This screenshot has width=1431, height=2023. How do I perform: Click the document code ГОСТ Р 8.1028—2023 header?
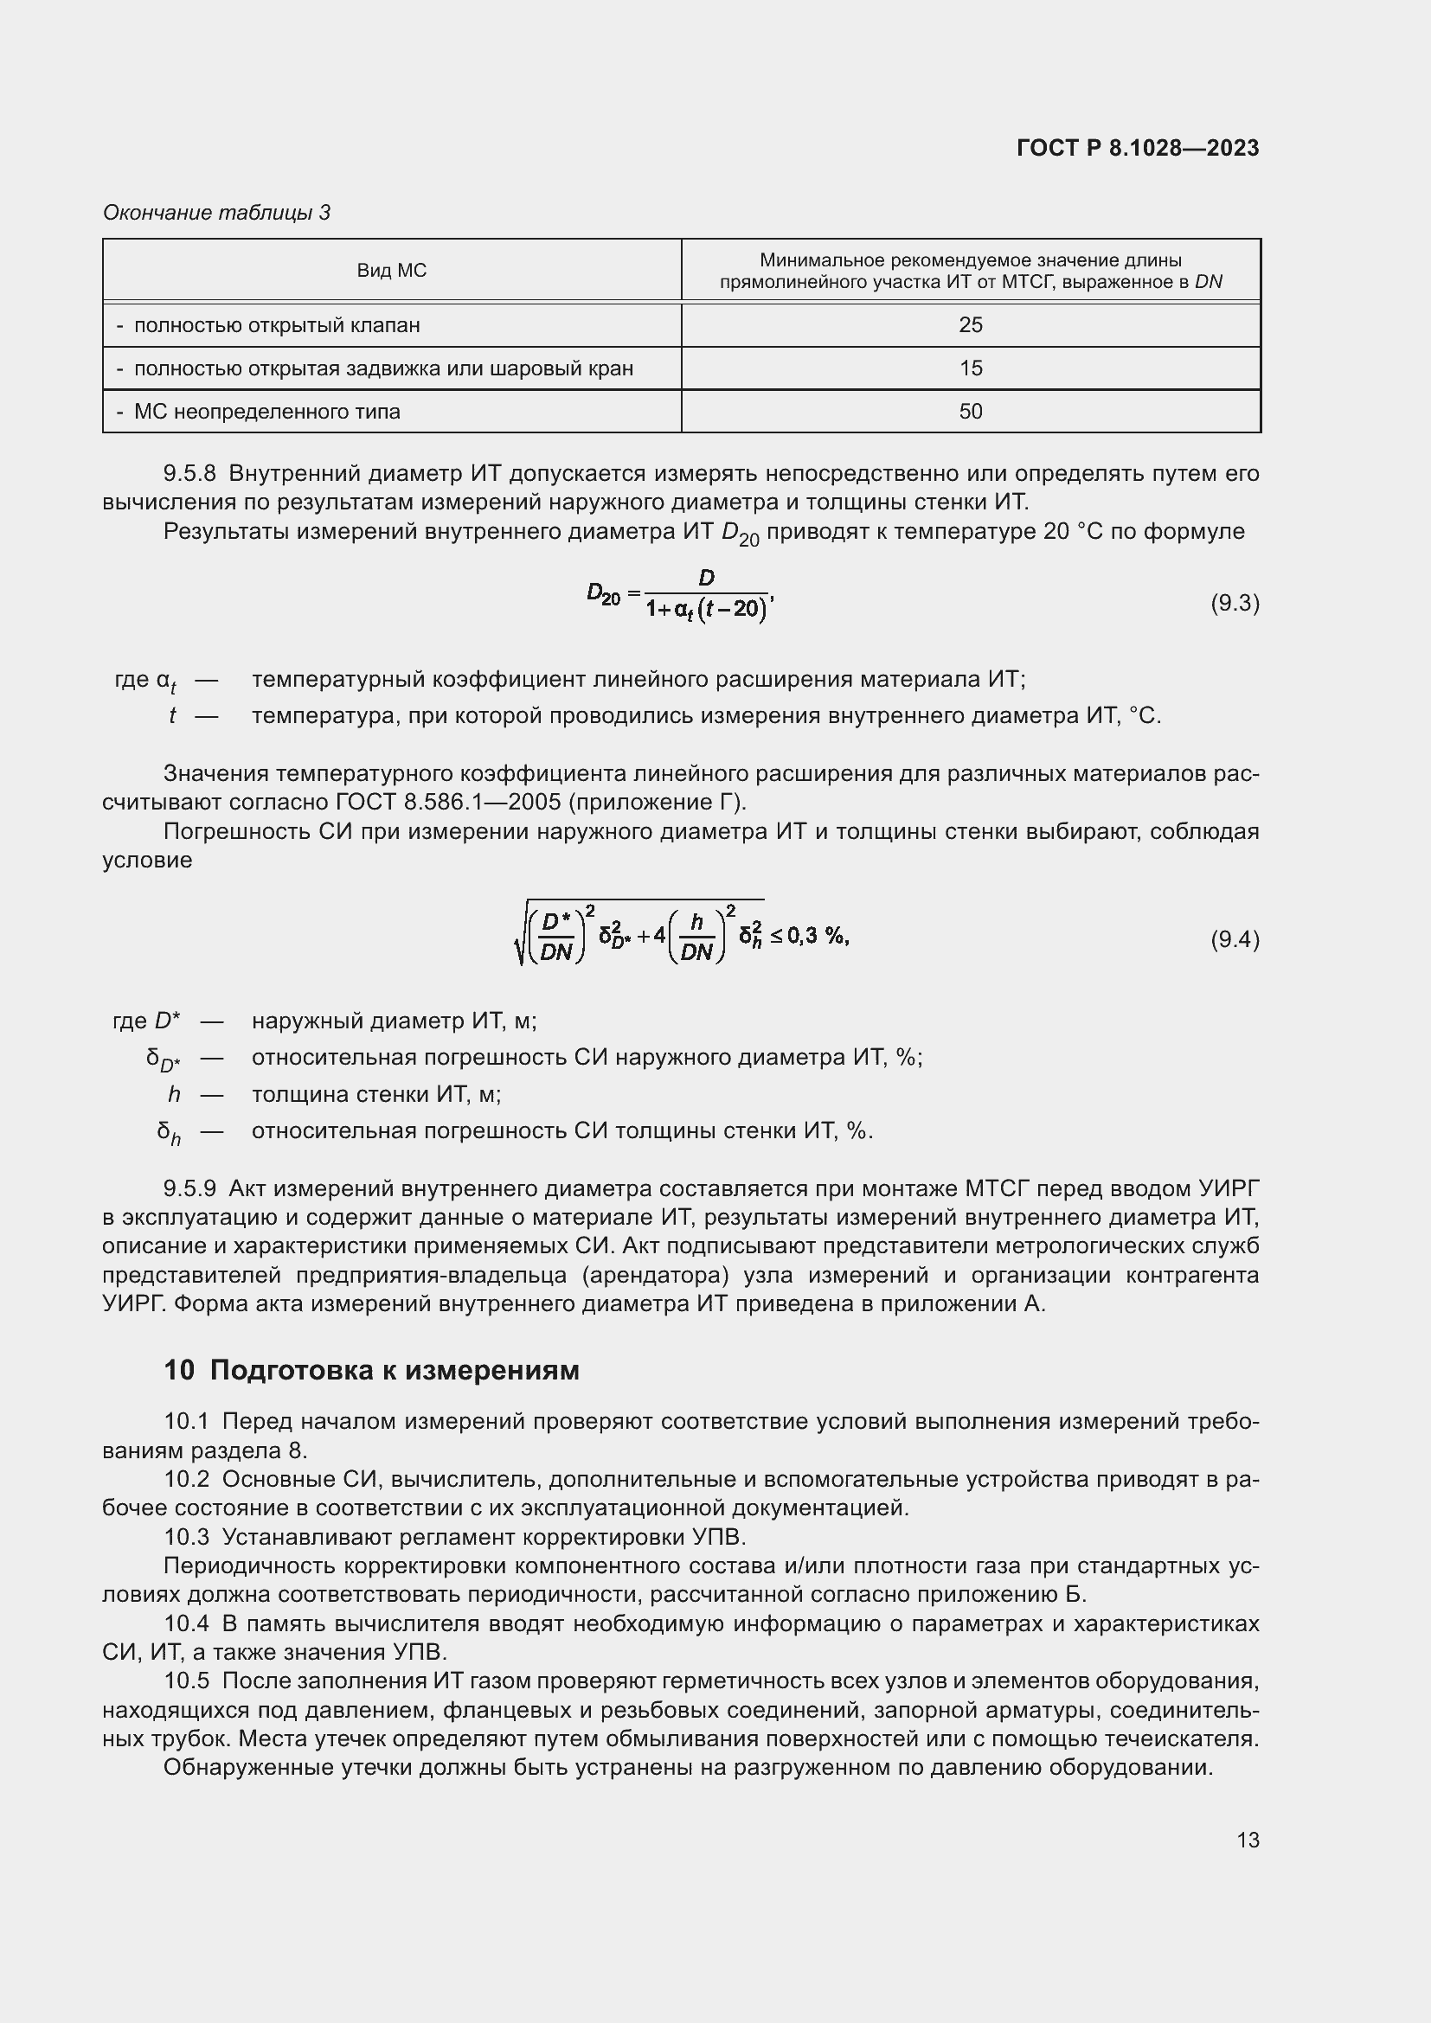click(x=1138, y=148)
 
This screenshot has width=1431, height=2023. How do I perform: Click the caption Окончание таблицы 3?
click(x=217, y=213)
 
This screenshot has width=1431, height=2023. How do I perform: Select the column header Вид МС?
click(x=391, y=271)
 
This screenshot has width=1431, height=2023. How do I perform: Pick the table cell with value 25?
click(x=970, y=325)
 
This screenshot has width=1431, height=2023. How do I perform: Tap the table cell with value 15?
click(x=970, y=368)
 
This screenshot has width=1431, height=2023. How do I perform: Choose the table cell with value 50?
click(x=970, y=412)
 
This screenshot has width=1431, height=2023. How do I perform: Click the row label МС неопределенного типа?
click(x=266, y=412)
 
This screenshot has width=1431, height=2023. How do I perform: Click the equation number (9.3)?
click(x=1235, y=603)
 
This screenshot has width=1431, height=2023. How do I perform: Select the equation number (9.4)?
click(x=1235, y=939)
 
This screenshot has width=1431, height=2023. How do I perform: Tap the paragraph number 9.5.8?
click(x=189, y=474)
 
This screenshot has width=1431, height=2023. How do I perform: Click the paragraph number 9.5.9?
click(x=189, y=1188)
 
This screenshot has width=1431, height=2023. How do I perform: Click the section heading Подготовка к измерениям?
click(x=394, y=1370)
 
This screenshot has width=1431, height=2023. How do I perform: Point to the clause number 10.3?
click(x=187, y=1537)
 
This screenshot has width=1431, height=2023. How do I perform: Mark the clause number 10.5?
click(x=187, y=1681)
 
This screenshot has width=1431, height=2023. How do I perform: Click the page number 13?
click(x=1248, y=1840)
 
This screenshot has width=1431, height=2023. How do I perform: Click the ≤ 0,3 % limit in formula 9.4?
click(x=809, y=936)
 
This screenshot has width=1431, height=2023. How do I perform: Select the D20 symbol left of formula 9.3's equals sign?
click(x=604, y=595)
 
